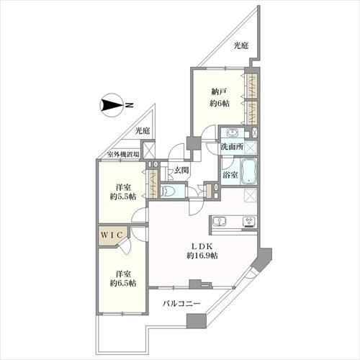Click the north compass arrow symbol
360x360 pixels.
[x=112, y=106]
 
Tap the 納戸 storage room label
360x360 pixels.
[x=220, y=91]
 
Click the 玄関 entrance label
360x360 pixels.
[x=181, y=170]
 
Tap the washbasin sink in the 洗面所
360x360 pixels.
[x=233, y=133]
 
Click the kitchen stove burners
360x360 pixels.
[x=249, y=220]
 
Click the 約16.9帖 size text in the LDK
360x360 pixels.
[x=204, y=256]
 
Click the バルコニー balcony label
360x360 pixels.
[x=180, y=304]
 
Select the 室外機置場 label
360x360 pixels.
[x=123, y=153]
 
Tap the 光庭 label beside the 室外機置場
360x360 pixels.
[x=143, y=131]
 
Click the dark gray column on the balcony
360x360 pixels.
[x=192, y=321]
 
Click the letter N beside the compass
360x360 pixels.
[x=129, y=106]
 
